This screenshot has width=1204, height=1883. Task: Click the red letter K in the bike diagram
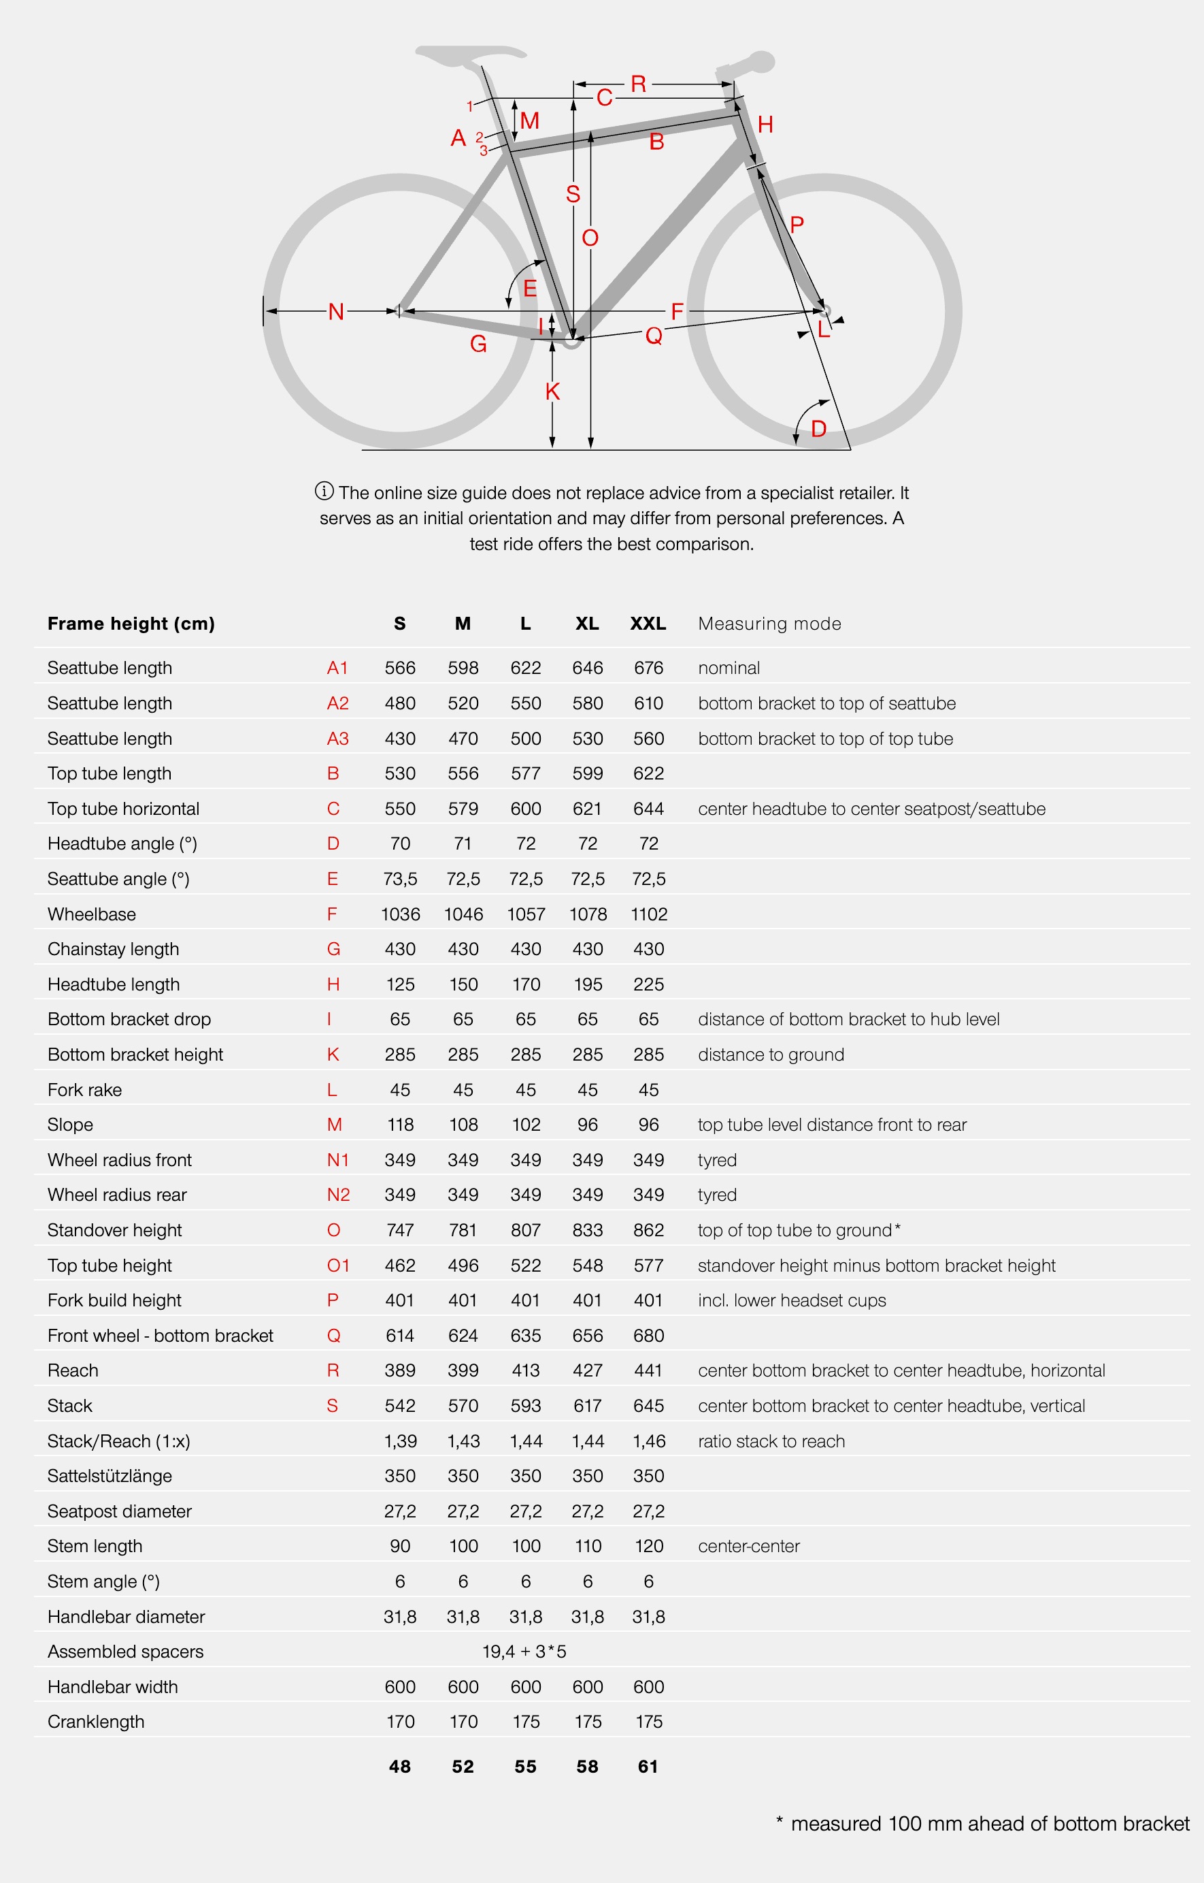(553, 391)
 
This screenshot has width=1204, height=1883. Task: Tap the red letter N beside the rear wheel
(336, 312)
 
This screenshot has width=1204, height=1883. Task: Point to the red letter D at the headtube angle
(818, 429)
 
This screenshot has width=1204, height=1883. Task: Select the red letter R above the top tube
(638, 84)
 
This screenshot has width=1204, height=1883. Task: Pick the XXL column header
(648, 624)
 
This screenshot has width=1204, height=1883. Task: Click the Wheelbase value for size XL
(587, 914)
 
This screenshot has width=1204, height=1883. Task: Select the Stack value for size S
(399, 1406)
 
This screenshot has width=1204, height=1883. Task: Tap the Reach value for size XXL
(648, 1370)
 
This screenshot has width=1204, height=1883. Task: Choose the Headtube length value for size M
(463, 984)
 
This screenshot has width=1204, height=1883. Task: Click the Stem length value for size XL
(587, 1546)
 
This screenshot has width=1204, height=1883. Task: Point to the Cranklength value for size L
(525, 1722)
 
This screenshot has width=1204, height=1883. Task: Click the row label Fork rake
(84, 1090)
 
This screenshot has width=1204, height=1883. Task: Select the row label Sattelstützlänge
(110, 1476)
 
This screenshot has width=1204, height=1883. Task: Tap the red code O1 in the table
(338, 1265)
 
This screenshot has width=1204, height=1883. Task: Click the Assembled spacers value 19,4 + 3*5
(524, 1652)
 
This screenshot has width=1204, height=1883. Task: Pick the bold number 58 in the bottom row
(587, 1767)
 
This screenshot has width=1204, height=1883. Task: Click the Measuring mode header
(769, 624)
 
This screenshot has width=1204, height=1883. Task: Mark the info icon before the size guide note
(324, 492)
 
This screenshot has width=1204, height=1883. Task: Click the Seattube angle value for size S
(399, 878)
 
